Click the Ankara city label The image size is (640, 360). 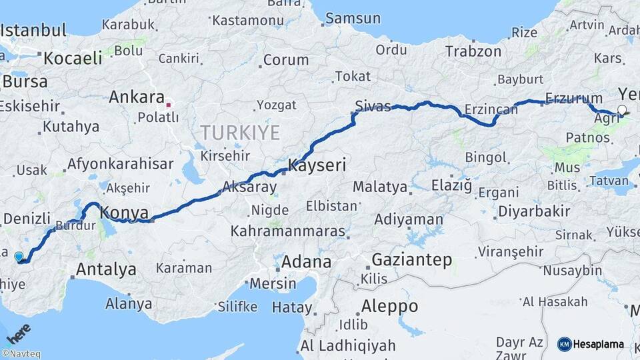[x=136, y=97]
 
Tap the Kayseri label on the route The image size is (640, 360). [x=317, y=165]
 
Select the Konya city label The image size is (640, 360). [x=124, y=213]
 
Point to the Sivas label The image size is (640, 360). [x=373, y=106]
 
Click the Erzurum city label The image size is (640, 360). [x=573, y=99]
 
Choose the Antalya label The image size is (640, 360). [x=106, y=269]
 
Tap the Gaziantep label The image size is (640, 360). [x=412, y=259]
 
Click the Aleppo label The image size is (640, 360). [x=390, y=306]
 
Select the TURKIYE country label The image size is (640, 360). [x=239, y=132]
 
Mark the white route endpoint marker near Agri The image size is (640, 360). [x=622, y=110]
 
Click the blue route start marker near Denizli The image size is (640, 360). [x=19, y=256]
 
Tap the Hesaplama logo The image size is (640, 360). [x=591, y=344]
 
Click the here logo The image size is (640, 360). [x=19, y=333]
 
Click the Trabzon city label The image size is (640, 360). [x=473, y=51]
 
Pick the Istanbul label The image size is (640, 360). [x=33, y=31]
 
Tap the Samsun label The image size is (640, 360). [x=353, y=18]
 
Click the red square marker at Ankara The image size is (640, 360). [x=169, y=104]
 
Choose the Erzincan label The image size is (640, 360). [x=473, y=109]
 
